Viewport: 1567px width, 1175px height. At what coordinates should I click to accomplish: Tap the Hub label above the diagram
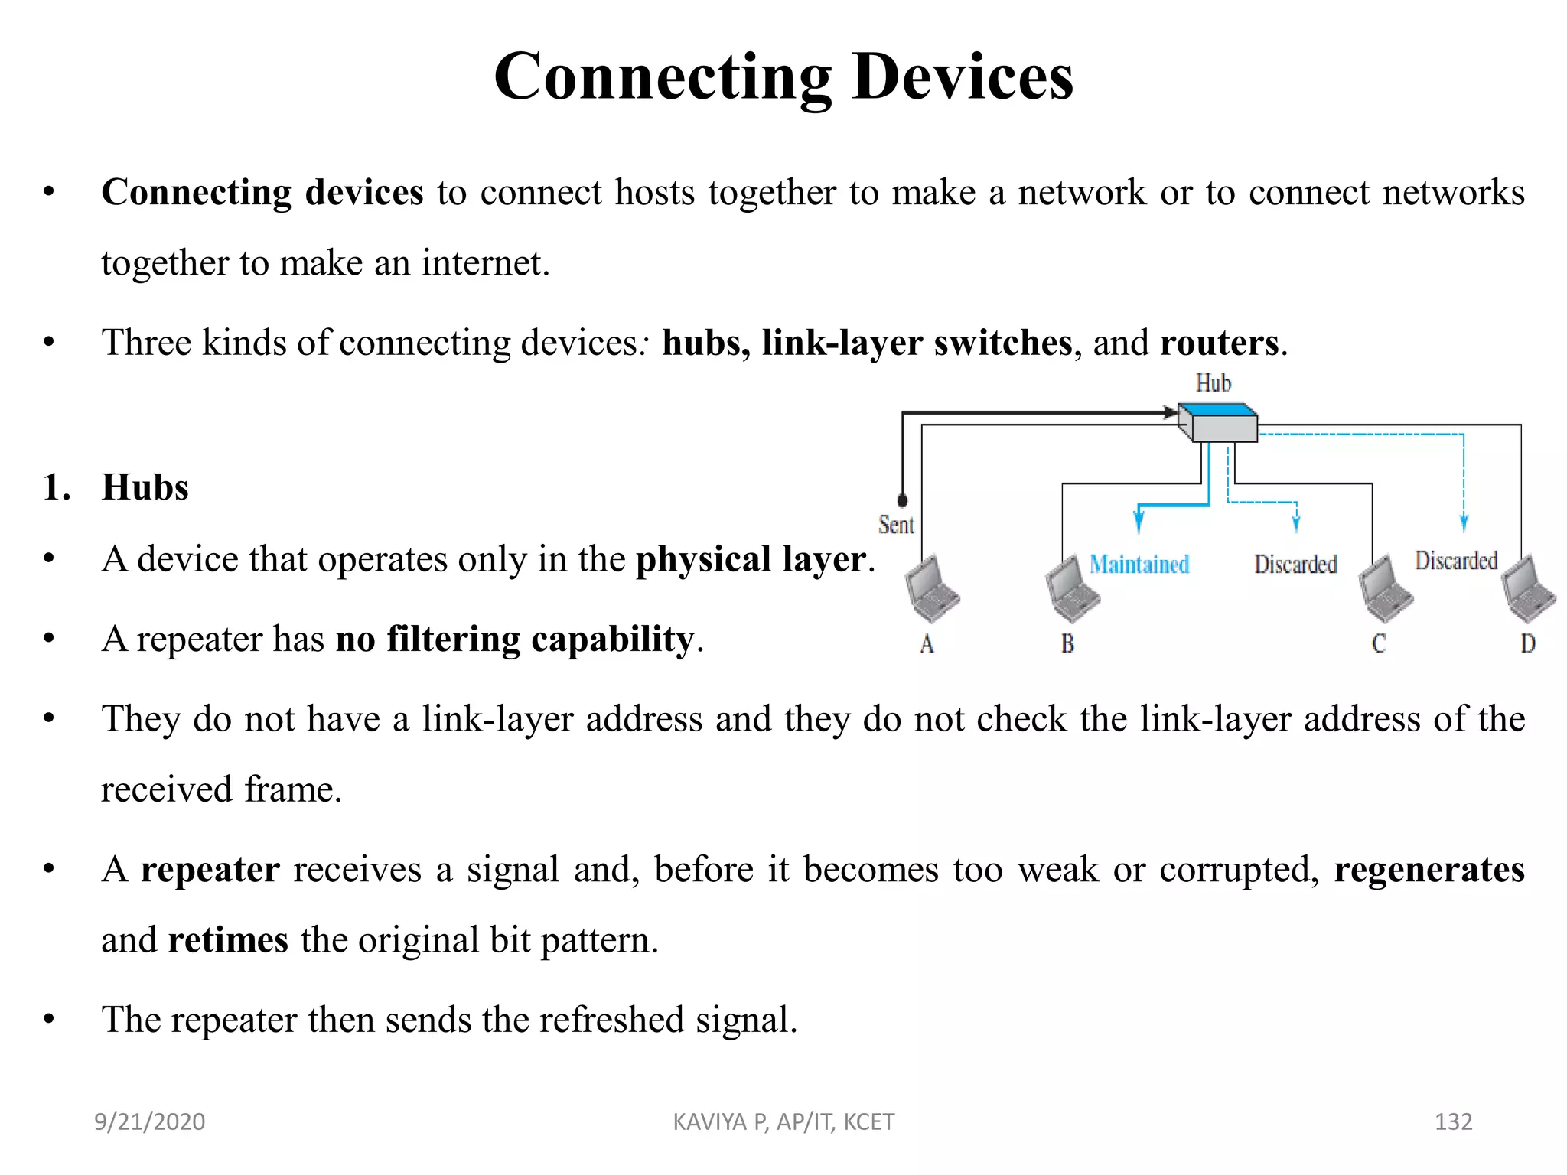tap(1214, 382)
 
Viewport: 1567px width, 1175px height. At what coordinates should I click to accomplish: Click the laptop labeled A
tap(931, 590)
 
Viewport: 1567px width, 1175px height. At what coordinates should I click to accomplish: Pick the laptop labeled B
tap(1072, 590)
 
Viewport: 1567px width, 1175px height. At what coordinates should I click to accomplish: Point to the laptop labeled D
tap(1527, 590)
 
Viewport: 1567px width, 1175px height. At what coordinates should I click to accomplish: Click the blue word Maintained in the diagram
tap(1139, 565)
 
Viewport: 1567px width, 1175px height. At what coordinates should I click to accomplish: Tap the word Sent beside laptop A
tap(896, 525)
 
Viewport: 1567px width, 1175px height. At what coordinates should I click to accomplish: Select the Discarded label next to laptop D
tap(1455, 561)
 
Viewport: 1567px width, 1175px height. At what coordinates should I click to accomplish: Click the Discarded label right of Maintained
tap(1295, 565)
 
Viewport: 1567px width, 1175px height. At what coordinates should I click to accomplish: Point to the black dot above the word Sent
tap(903, 500)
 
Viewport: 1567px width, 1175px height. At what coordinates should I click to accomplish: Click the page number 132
tap(1453, 1121)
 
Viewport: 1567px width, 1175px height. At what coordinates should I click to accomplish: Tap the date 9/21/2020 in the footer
tap(149, 1121)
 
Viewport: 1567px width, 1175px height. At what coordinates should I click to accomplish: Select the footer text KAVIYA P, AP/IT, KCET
tap(783, 1121)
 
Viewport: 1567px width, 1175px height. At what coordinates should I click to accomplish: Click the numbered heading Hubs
tap(145, 487)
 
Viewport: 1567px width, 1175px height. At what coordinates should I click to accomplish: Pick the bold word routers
tap(1219, 342)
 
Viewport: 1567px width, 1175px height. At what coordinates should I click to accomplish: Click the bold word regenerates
tap(1429, 869)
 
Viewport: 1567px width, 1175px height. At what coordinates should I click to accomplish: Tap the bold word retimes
tap(228, 939)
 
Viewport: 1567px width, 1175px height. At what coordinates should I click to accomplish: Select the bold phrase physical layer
tap(751, 559)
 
